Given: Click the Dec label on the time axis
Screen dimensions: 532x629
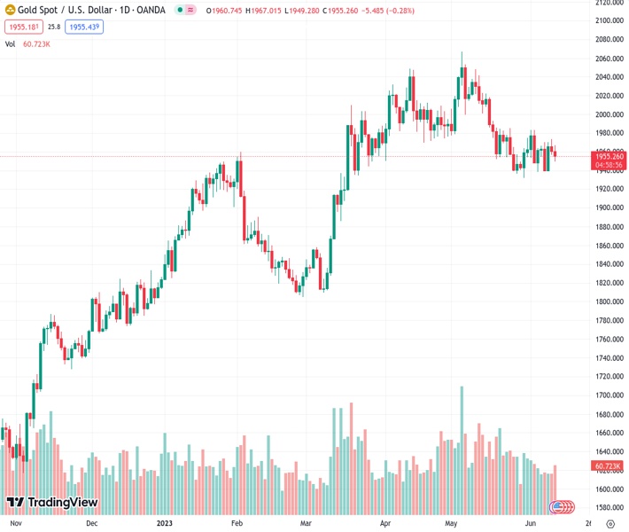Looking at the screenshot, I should (x=91, y=524).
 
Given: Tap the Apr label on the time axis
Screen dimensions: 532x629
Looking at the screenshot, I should (x=385, y=524).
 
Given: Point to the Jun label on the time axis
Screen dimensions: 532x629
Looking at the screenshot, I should (x=529, y=524).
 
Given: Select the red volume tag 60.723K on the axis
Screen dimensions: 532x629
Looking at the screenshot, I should (x=607, y=466).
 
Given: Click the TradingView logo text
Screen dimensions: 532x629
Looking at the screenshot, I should (x=62, y=503).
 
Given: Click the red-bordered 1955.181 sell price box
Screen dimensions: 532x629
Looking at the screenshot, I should (x=23, y=27).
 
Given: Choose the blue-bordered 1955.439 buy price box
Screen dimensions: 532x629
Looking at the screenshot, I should (x=85, y=27).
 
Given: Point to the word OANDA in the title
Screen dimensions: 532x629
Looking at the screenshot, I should (x=151, y=10).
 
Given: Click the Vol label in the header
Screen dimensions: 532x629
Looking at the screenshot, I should (x=10, y=43).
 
